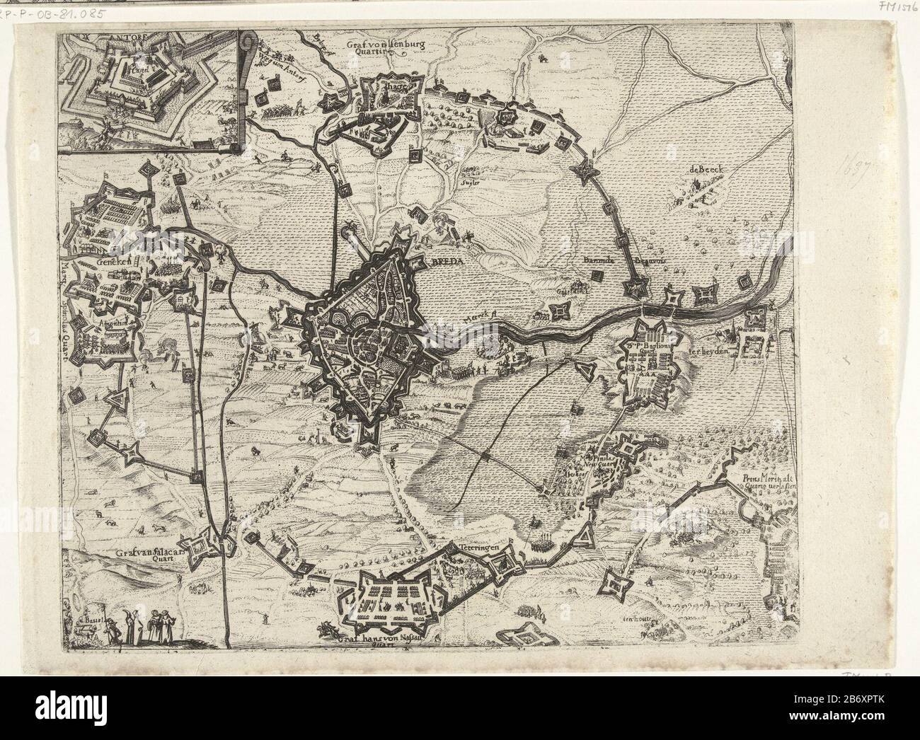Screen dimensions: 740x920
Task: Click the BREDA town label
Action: point(444,260)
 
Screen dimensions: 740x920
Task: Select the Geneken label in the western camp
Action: point(108,262)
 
